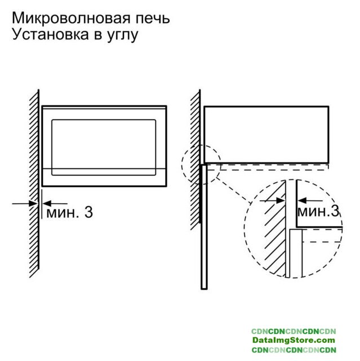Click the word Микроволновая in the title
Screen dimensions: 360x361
coord(71,18)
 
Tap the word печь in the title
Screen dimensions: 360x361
coord(153,18)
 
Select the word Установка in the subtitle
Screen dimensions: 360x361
coord(50,34)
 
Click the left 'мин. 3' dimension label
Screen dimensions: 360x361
coord(69,212)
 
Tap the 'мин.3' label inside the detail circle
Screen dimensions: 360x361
coord(318,212)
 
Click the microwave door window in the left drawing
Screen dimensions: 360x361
coord(104,147)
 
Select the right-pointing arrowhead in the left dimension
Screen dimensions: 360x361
coord(34,204)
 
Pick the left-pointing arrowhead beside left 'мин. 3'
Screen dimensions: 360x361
coord(47,204)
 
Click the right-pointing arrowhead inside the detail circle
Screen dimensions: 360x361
coord(281,201)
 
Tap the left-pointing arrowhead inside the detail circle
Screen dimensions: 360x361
coord(303,201)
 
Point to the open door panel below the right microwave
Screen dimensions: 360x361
coord(204,227)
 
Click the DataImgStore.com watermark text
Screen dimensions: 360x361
coord(294,340)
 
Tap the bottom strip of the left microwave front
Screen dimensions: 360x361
coord(104,177)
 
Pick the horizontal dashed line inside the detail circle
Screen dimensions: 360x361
coord(322,242)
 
